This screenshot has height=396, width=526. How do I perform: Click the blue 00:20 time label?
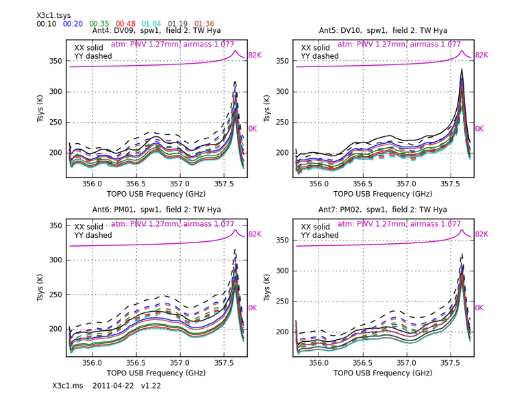[73, 24]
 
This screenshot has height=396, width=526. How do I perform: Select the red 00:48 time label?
[125, 24]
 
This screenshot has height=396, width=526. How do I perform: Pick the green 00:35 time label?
[99, 24]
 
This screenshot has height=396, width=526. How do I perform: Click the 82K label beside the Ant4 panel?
[255, 55]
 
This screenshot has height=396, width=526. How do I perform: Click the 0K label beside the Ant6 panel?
[252, 308]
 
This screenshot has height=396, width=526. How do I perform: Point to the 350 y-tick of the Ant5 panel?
[281, 61]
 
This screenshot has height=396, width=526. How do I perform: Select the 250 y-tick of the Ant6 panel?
[54, 295]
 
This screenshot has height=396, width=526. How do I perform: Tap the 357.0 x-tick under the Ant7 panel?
[407, 362]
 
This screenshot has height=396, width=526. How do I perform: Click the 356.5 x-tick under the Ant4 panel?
[136, 184]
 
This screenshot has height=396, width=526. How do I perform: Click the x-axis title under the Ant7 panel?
[383, 374]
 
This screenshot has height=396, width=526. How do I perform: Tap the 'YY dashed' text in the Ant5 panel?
[320, 57]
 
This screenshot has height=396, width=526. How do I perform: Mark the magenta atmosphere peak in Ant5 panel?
[462, 51]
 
